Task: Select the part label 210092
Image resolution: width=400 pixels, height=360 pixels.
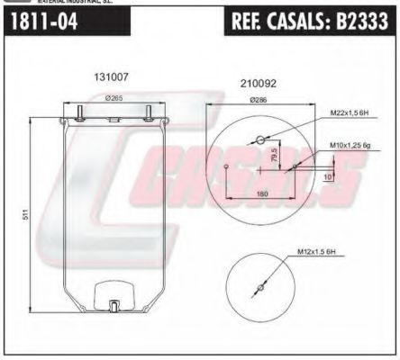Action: tap(258, 83)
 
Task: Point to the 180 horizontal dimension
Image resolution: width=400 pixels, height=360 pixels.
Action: tap(261, 192)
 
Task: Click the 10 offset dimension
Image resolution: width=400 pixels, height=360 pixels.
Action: tap(327, 177)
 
